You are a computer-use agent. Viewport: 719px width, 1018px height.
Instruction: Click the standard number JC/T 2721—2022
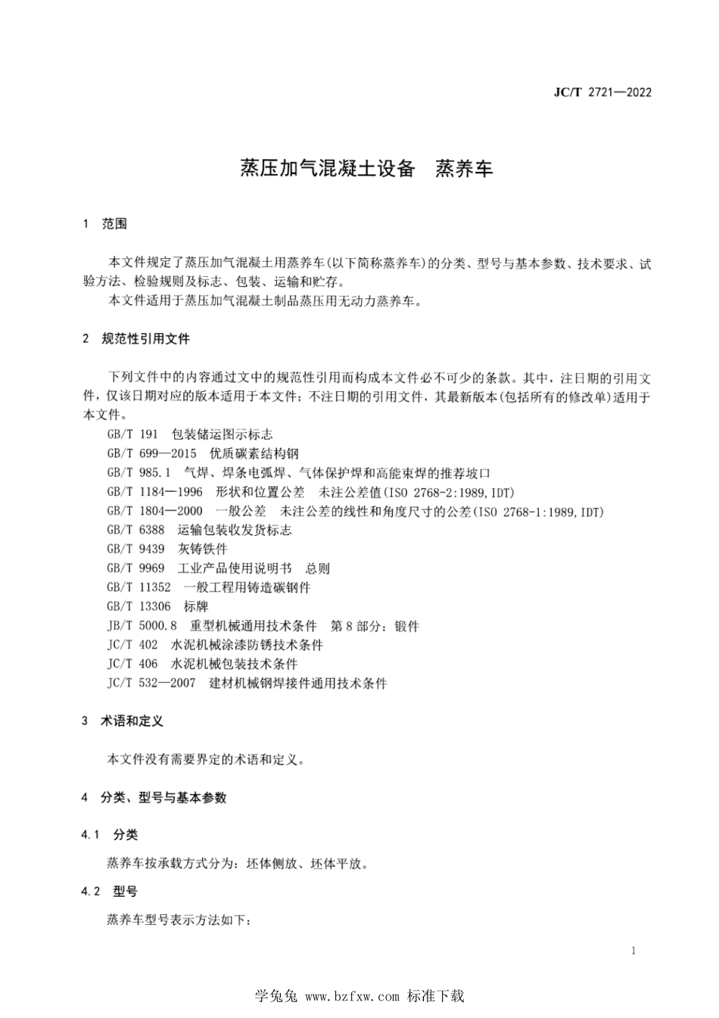click(602, 92)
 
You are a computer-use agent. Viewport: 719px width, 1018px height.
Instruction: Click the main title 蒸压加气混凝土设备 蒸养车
click(366, 169)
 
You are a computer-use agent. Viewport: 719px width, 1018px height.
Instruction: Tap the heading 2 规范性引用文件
click(136, 338)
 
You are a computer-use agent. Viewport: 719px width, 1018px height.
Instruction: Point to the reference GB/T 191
click(132, 434)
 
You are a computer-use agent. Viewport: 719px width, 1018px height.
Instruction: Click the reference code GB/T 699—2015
click(151, 453)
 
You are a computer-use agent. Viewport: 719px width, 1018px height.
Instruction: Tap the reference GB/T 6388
click(135, 530)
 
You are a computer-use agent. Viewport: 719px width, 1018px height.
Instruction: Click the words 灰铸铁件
click(202, 549)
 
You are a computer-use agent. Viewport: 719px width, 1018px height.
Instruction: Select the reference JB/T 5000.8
click(142, 626)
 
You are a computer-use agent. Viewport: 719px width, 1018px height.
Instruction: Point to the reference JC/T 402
click(132, 645)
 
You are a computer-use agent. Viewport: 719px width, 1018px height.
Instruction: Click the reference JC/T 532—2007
click(151, 683)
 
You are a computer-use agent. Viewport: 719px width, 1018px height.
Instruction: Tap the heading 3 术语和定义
click(123, 721)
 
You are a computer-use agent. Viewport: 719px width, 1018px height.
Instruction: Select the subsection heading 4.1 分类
click(110, 834)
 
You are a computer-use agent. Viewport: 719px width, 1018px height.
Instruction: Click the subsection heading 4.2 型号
click(110, 892)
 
